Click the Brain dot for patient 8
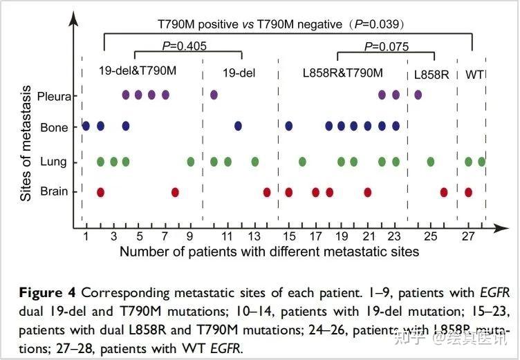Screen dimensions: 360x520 175,192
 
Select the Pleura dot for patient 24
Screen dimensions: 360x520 418,95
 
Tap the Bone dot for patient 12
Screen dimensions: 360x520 238,126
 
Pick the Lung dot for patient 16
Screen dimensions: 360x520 302,162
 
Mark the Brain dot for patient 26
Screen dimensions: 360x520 444,192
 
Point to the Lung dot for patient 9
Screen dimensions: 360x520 191,162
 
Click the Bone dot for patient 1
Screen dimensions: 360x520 86,126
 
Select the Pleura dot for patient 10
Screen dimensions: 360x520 214,95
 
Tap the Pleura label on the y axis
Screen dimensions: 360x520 55,96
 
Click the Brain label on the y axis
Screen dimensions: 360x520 56,191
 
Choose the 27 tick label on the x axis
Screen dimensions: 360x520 468,236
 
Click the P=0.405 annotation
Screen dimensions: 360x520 183,47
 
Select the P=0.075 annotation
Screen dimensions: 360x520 386,47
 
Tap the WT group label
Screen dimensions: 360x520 474,74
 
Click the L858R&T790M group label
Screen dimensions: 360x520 343,72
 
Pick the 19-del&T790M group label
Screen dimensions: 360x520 138,70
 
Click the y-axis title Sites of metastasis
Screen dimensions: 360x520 27,142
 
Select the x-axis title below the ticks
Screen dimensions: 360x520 269,252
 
